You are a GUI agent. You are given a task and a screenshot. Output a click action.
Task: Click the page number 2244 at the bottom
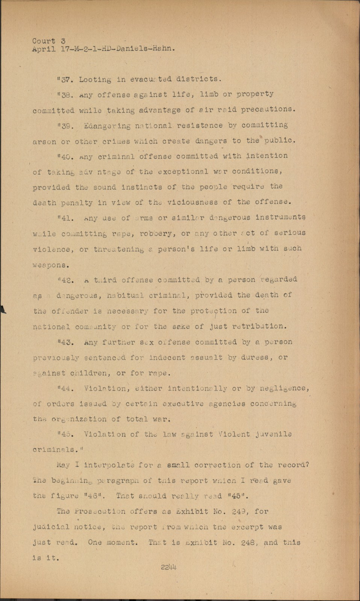[169, 567]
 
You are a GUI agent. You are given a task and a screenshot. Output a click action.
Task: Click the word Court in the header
[44, 41]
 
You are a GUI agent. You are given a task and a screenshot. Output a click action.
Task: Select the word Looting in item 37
[95, 79]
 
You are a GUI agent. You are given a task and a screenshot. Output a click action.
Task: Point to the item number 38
[66, 95]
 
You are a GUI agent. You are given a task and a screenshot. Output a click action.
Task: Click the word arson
[44, 141]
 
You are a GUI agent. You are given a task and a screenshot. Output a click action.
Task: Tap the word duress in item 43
[254, 357]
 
